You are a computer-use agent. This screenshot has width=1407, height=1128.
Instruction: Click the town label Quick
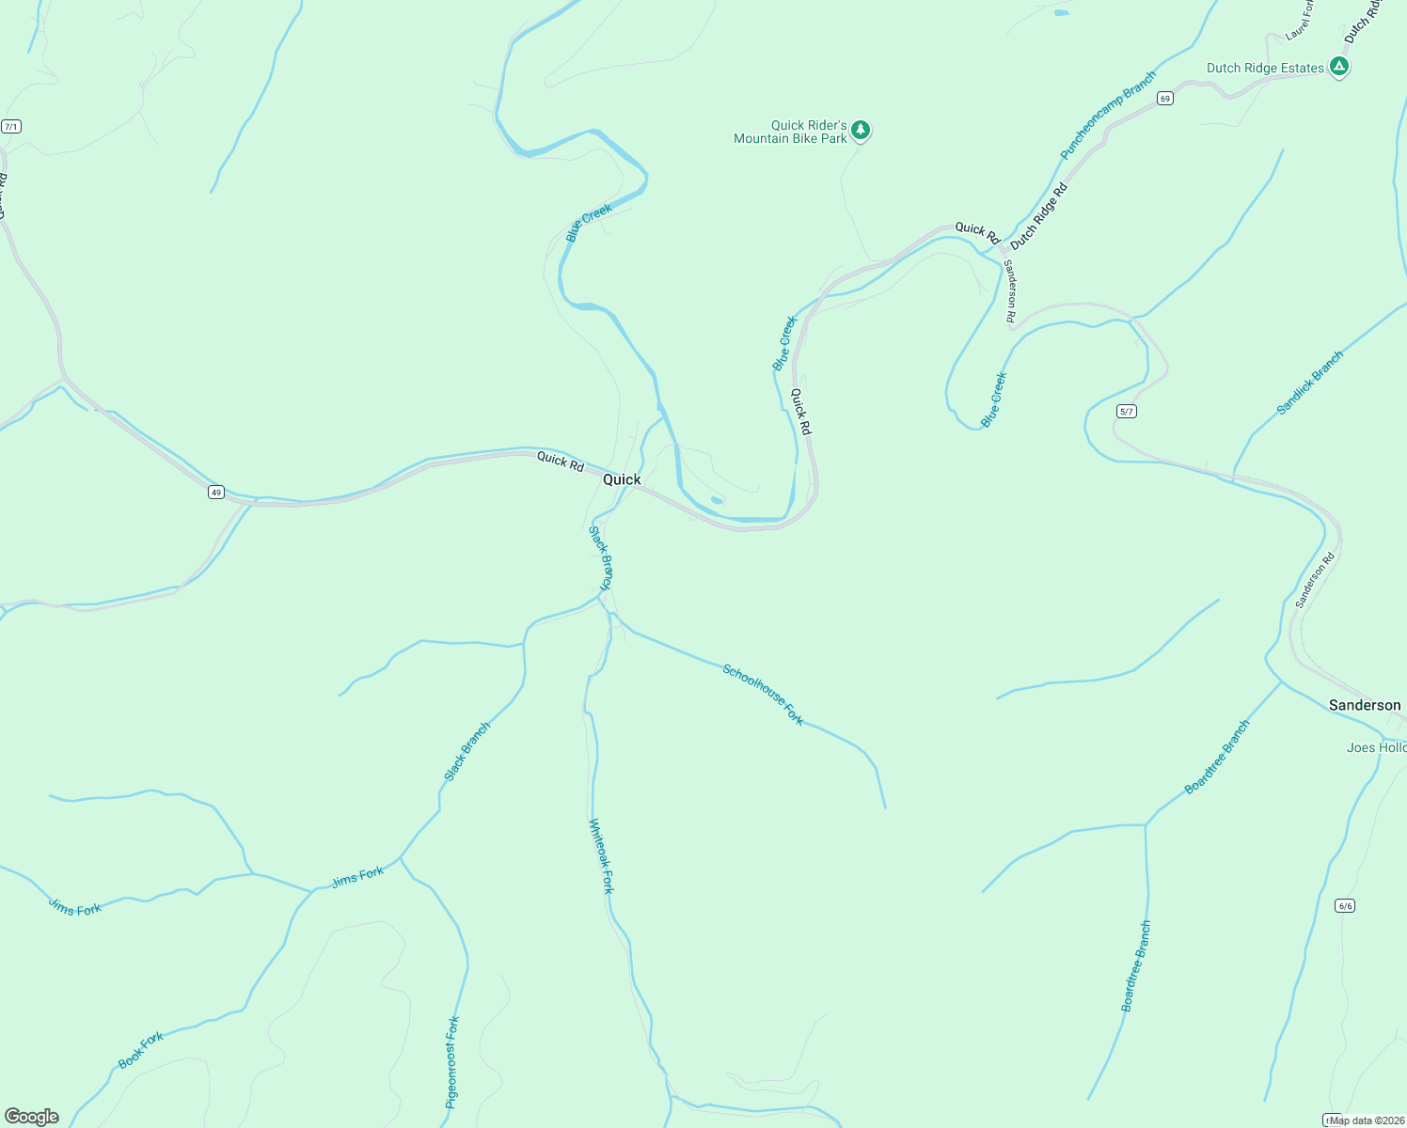point(622,479)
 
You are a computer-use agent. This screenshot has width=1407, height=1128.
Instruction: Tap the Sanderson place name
point(1364,705)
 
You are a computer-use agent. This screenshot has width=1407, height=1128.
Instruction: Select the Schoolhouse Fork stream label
point(763,695)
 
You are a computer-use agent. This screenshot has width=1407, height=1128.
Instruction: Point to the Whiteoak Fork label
point(601,855)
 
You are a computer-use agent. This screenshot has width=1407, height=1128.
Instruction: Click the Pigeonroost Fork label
point(452,1061)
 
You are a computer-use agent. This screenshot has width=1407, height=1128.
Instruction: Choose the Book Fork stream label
point(141,1050)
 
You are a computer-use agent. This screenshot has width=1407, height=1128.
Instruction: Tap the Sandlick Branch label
point(1310,383)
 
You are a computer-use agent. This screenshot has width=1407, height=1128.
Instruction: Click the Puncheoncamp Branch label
point(1108,116)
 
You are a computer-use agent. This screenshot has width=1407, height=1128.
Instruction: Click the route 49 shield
point(217,493)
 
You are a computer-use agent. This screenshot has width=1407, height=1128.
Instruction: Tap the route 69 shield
point(1165,99)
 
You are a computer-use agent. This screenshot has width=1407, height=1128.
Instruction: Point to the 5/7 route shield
point(1127,412)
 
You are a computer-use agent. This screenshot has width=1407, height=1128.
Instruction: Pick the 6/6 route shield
point(1345,906)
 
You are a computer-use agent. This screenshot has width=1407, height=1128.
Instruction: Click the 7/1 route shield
point(11,127)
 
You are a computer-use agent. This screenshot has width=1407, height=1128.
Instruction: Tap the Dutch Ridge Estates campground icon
point(1339,67)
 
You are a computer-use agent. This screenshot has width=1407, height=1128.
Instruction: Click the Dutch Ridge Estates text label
point(1265,68)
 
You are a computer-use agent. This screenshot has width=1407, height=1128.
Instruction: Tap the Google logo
point(32,1117)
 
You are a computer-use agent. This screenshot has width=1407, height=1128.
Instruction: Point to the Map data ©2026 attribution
point(1367,1120)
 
